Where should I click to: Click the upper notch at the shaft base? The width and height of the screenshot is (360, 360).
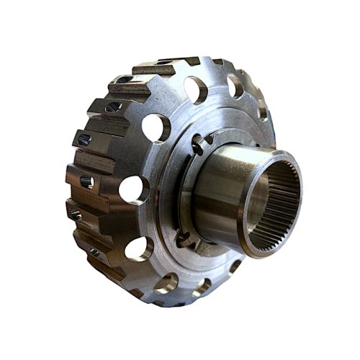[199, 148]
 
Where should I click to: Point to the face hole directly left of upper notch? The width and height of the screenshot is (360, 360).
[156, 127]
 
